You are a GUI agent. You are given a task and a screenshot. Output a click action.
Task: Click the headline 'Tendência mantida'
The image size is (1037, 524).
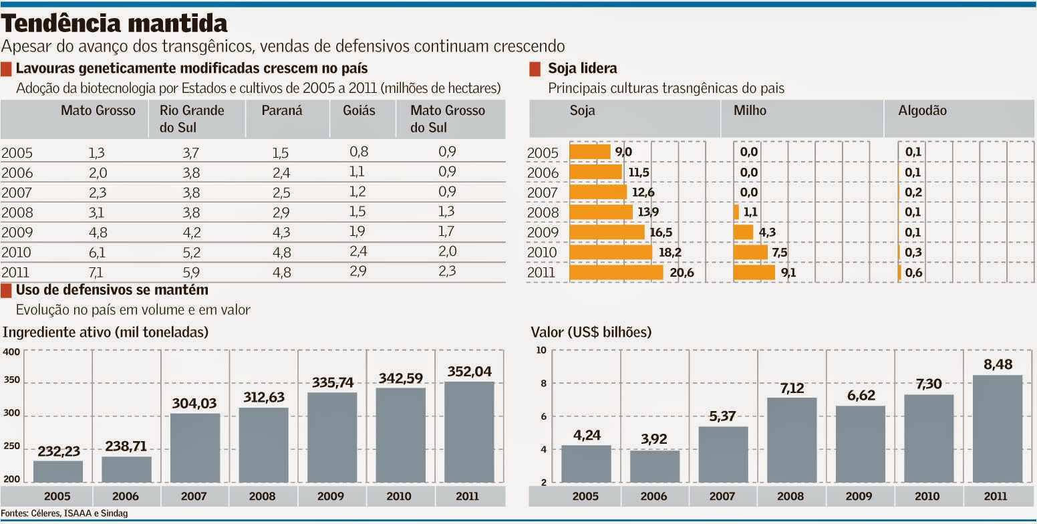(x=115, y=24)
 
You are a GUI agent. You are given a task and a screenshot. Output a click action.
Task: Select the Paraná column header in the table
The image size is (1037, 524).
(x=282, y=111)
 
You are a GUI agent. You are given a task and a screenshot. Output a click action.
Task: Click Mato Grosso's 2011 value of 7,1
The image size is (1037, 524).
(x=97, y=271)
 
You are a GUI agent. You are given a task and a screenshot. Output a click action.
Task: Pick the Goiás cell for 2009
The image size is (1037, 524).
(x=359, y=232)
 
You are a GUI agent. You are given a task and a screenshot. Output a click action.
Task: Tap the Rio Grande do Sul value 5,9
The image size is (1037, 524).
(x=190, y=271)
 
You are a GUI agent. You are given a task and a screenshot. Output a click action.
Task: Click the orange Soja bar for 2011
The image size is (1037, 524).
(x=616, y=272)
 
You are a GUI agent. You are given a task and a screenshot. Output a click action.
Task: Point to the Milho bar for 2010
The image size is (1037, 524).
(x=750, y=252)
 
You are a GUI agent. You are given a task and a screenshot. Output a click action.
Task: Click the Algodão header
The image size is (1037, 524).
(x=925, y=111)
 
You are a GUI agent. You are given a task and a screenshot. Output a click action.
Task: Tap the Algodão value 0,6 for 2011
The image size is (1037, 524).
(x=913, y=272)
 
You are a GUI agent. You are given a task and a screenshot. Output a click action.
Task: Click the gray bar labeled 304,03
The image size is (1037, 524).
(x=195, y=448)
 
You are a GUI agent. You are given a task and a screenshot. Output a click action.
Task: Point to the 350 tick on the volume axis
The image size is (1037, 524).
(x=11, y=382)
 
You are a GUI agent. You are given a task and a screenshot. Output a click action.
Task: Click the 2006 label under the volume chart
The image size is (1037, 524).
(x=126, y=497)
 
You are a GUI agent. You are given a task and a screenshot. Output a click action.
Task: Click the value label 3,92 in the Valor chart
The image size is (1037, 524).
(x=654, y=440)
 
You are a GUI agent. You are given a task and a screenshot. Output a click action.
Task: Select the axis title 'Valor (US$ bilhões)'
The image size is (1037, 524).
(x=591, y=332)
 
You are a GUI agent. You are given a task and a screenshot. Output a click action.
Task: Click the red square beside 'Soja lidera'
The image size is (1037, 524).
(x=535, y=69)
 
